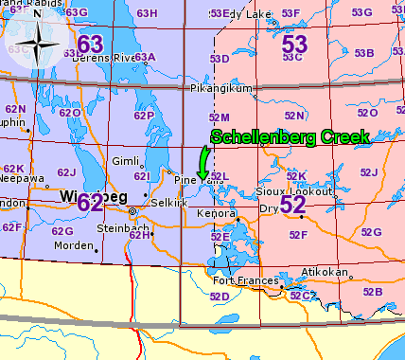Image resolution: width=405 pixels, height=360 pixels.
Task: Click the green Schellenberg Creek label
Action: pyautogui.click(x=289, y=137)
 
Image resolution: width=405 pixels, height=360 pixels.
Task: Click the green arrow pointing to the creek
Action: pyautogui.click(x=203, y=158)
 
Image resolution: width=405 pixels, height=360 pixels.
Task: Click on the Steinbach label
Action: pyautogui.click(x=122, y=229)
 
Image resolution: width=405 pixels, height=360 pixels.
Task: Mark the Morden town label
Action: pyautogui.click(x=75, y=245)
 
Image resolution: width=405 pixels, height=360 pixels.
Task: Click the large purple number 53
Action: pyautogui.click(x=294, y=45)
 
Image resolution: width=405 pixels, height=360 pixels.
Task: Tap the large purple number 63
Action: pyautogui.click(x=90, y=44)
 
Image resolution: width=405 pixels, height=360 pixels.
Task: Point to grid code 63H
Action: pyautogui.click(x=147, y=13)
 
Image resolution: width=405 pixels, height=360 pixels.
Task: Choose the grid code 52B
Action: pyautogui.click(x=372, y=291)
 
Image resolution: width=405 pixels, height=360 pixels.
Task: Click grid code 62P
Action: pyautogui.click(x=144, y=116)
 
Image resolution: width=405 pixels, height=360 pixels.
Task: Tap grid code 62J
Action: pyautogui.click(x=65, y=172)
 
